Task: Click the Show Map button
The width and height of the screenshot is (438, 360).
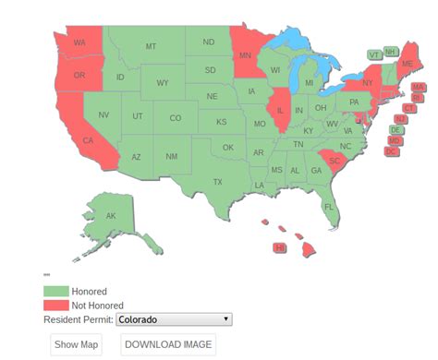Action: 76,344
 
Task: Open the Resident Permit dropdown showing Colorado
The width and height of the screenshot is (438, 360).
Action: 174,319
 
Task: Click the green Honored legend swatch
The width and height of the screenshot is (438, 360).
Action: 55,292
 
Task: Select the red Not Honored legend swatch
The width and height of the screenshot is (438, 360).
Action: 55,305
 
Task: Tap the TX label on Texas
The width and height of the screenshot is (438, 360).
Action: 218,182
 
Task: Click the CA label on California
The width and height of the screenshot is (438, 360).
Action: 88,141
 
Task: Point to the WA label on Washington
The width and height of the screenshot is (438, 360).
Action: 79,43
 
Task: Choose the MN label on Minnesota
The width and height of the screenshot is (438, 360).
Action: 245,55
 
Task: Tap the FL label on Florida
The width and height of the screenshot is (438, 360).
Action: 329,207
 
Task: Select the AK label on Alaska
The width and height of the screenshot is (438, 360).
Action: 111,216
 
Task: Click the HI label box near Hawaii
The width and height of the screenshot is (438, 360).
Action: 280,247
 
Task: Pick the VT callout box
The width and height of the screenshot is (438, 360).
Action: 374,54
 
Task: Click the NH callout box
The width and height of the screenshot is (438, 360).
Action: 391,51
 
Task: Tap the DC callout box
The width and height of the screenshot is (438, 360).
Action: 391,150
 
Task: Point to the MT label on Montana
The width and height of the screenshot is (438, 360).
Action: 151,46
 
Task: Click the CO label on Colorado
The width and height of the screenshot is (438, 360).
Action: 175,117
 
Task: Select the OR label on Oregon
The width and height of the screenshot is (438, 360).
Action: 79,75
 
